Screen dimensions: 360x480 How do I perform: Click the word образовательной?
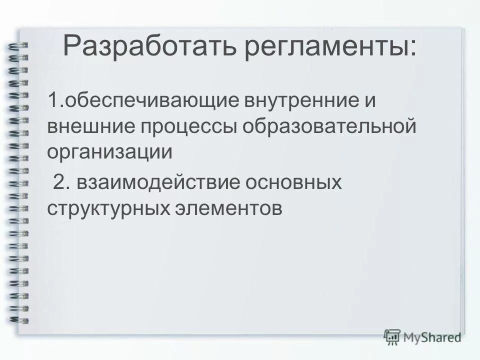click(x=329, y=126)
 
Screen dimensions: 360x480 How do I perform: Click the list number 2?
click(x=59, y=182)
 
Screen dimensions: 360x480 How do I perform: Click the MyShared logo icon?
click(x=392, y=337)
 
